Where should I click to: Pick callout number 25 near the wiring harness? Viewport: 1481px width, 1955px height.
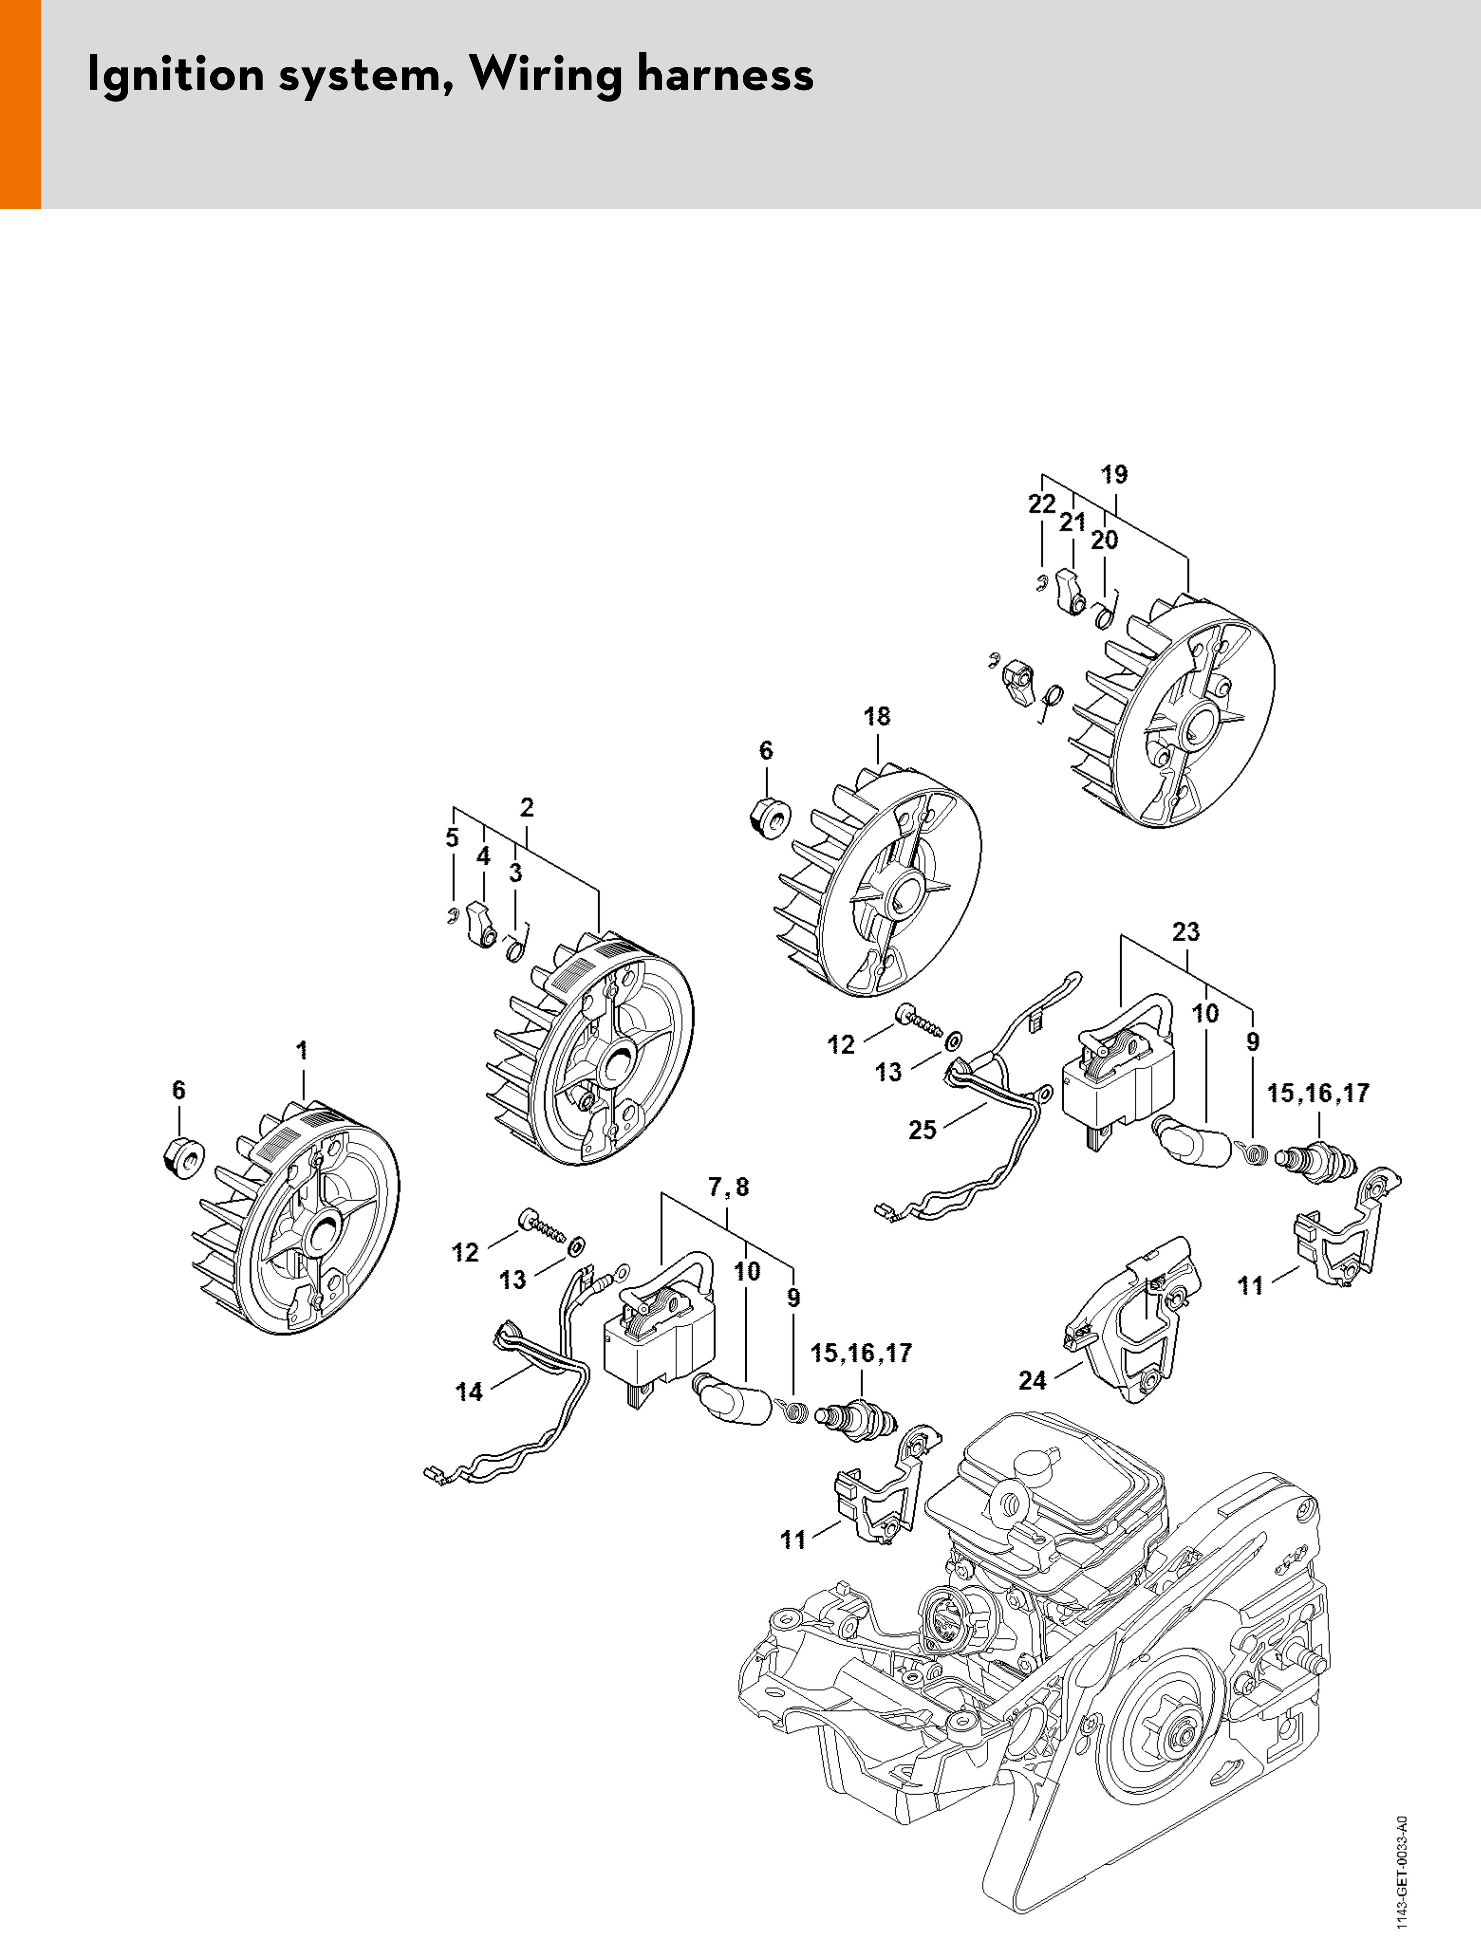click(x=922, y=1130)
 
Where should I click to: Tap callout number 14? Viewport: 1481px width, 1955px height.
click(x=469, y=1392)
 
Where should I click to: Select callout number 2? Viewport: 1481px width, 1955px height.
click(x=527, y=807)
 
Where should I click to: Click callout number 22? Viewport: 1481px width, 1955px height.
click(x=1041, y=504)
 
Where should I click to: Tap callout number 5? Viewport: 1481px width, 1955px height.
click(x=452, y=838)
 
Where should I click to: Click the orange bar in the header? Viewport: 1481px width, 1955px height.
click(x=19, y=104)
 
